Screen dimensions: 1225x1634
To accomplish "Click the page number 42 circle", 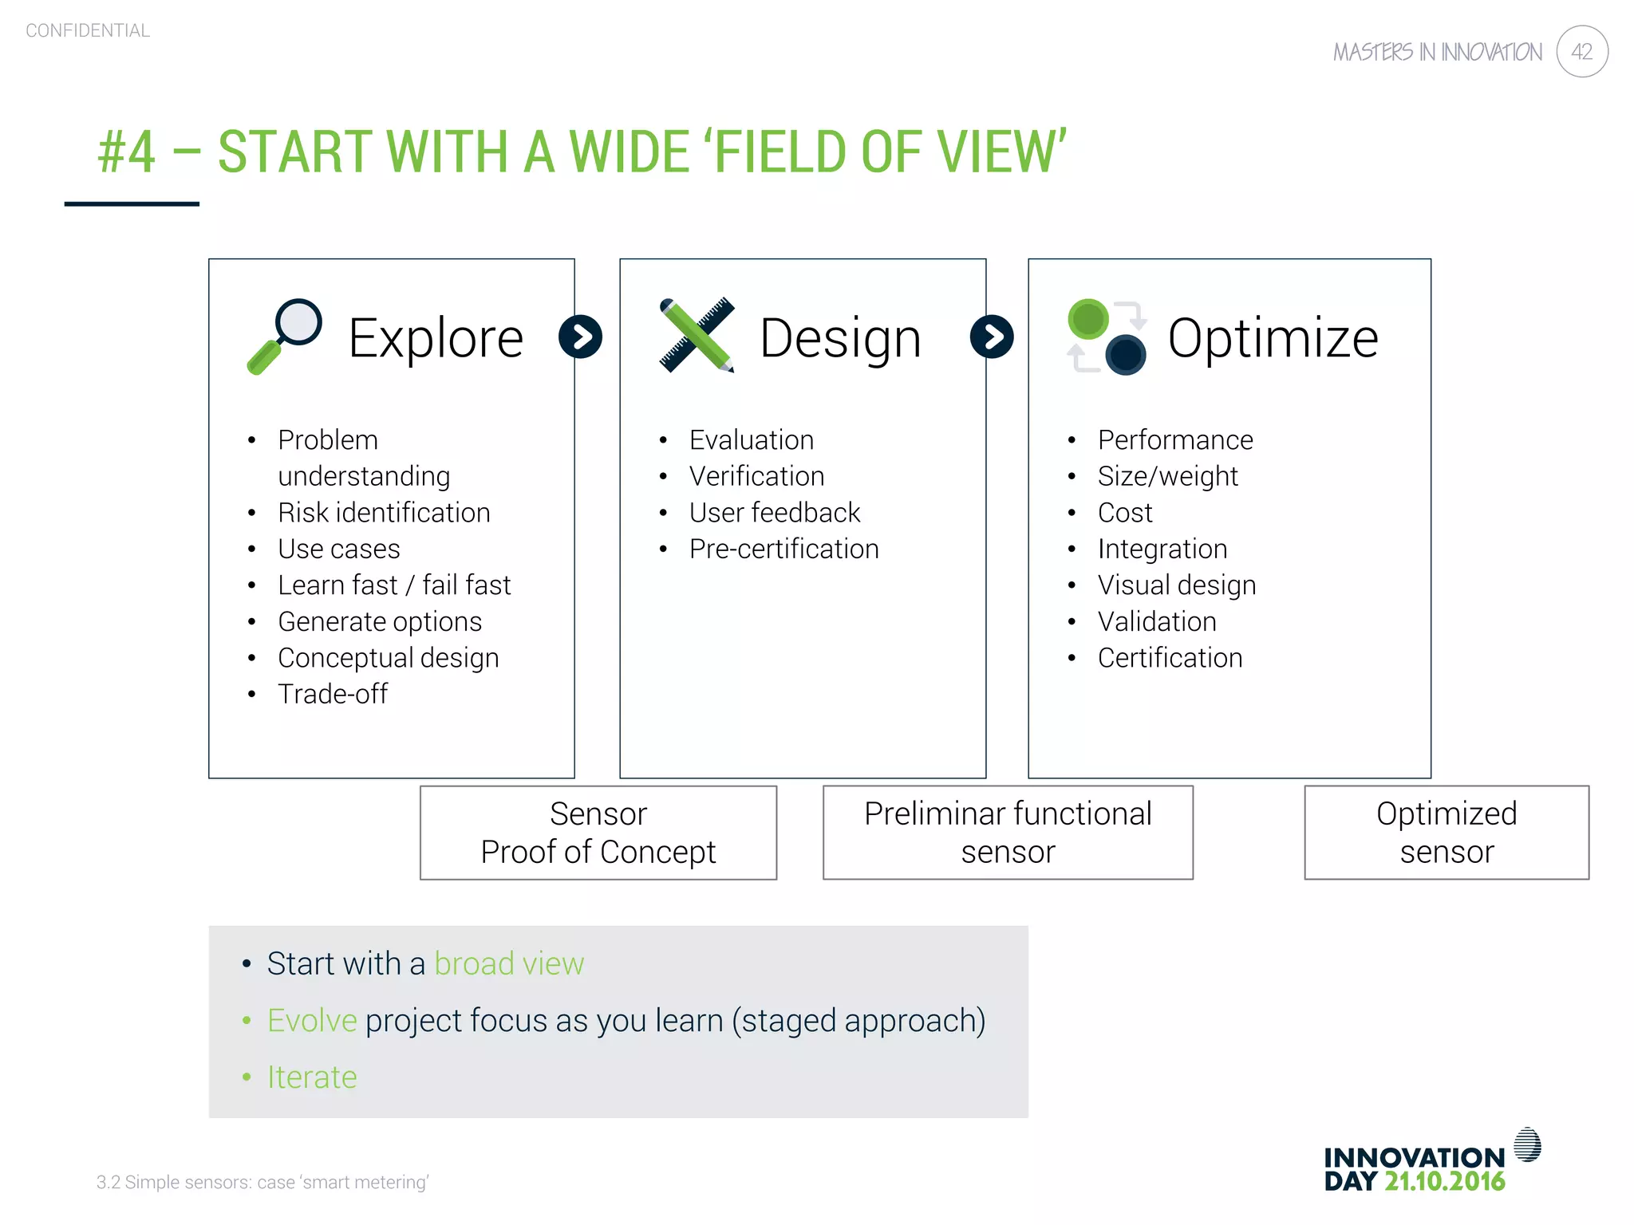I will pos(1581,52).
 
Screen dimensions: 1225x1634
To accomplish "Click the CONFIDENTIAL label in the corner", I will pos(88,30).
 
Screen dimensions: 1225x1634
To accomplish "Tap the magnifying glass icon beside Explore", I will pos(285,336).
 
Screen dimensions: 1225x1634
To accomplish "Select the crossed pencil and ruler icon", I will pos(697,336).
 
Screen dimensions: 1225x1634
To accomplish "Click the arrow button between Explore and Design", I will pos(580,337).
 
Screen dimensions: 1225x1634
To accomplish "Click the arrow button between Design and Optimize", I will pos(992,337).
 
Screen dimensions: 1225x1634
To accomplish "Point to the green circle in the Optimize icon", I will pos(1088,320).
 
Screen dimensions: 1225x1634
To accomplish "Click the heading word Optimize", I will pos(1273,338).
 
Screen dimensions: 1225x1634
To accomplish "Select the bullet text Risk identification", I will pos(384,513).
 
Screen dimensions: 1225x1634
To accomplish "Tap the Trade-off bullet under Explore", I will pos(333,694).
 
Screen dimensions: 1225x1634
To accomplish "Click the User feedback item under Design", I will pos(775,513).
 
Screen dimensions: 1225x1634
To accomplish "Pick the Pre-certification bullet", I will pos(783,549).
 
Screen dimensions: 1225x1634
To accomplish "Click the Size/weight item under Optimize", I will pos(1167,476).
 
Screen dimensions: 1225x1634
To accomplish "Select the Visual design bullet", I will pos(1176,585).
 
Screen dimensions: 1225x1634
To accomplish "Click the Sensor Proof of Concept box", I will pos(598,833).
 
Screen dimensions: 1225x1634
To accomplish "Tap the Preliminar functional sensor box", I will pos(1008,833).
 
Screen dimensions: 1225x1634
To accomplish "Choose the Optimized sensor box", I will pos(1446,833).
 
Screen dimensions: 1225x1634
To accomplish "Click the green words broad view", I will pos(509,963).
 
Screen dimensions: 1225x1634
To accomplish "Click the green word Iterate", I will pos(312,1077).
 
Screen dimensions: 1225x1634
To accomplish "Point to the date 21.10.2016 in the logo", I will pos(1444,1181).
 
